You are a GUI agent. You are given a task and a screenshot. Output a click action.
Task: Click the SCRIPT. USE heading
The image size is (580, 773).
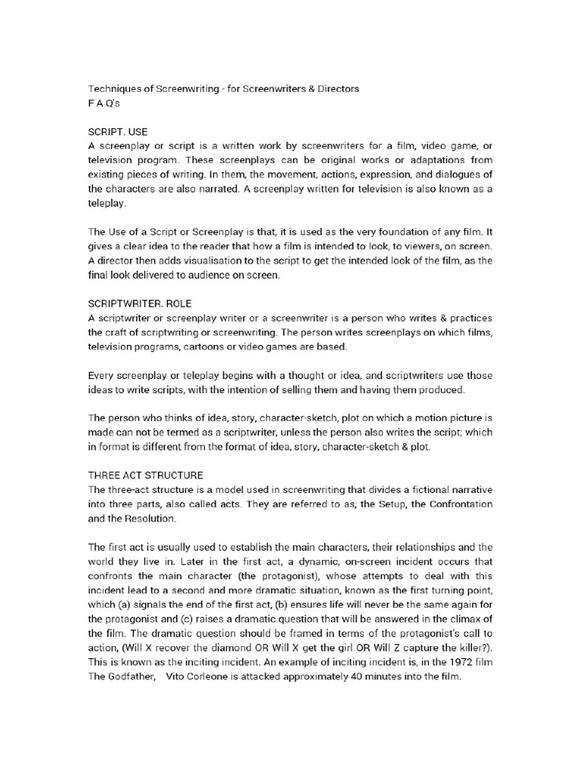119,131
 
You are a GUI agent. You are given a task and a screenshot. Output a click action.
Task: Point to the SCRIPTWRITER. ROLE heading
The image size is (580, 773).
140,303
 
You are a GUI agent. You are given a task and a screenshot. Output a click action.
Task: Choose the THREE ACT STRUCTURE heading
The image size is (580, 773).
146,475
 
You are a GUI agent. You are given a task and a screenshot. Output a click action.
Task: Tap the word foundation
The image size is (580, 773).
409,232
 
